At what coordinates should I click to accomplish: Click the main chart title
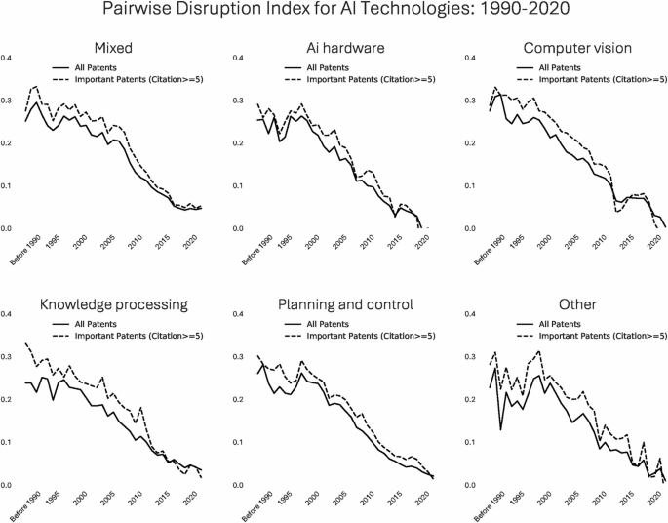click(334, 13)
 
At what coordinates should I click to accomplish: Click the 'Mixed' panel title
click(114, 48)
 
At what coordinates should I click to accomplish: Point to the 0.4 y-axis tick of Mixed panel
click(8, 60)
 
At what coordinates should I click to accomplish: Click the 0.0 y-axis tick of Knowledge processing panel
click(8, 485)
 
